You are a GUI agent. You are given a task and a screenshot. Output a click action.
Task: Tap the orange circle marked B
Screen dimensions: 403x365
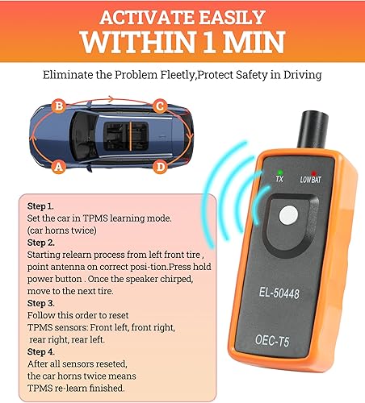(57, 106)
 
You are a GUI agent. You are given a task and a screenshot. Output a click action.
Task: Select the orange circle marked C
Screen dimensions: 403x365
(160, 106)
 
